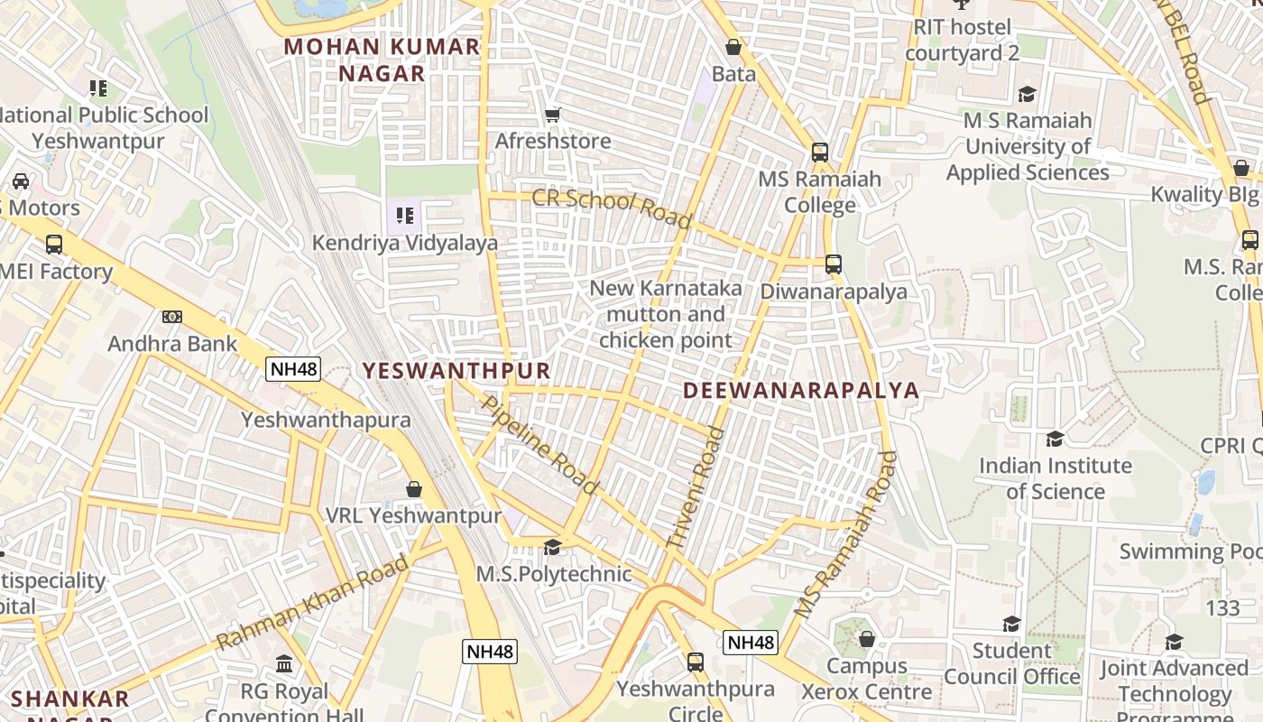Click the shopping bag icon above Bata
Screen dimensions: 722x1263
[733, 47]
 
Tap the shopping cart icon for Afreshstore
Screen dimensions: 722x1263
[553, 115]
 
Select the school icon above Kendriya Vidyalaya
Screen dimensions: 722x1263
[404, 216]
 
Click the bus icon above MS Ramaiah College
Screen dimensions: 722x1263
[819, 152]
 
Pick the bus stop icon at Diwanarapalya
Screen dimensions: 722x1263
[834, 264]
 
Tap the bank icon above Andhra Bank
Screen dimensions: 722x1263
[172, 317]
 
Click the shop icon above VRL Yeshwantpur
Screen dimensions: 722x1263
[414, 489]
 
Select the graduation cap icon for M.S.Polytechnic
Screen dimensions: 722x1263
[552, 547]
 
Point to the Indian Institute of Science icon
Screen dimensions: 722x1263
[1055, 440]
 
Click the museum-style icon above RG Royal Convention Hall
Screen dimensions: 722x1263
[284, 664]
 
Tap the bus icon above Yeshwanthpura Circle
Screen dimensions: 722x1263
[695, 662]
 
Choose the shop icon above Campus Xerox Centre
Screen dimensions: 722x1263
[866, 639]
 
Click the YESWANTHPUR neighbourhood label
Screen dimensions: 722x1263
[456, 371]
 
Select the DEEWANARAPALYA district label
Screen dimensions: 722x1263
[801, 390]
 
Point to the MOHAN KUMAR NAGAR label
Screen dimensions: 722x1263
[383, 60]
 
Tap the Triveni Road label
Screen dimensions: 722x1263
[696, 488]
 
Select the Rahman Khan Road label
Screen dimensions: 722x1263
[313, 603]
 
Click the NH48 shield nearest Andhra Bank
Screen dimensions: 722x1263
[293, 368]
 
